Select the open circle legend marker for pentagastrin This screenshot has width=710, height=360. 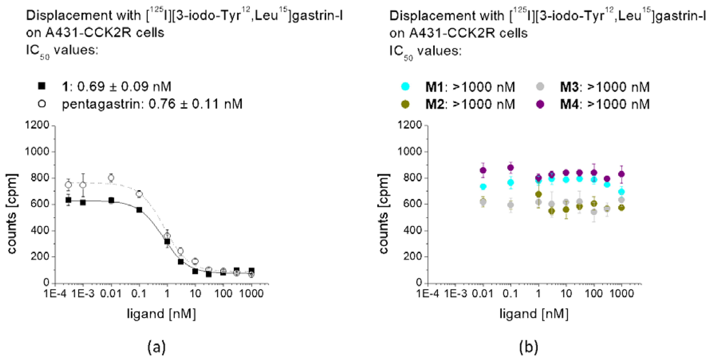coord(42,104)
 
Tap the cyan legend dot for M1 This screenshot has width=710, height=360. coord(405,87)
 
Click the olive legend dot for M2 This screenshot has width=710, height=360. coord(405,104)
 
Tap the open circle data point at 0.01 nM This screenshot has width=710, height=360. coord(111,178)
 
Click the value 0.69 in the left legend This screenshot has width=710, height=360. coord(91,87)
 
